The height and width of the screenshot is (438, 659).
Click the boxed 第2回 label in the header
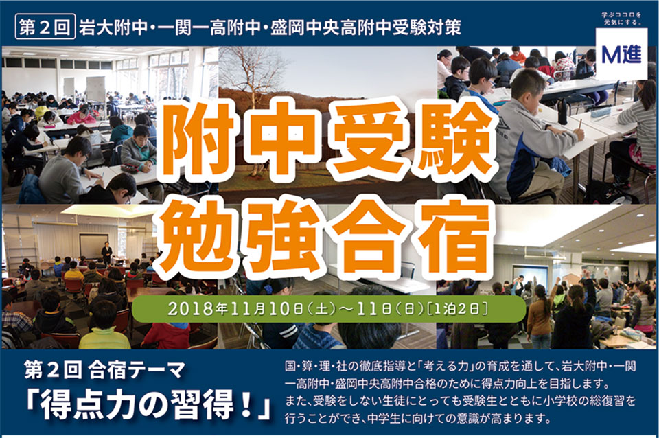45,27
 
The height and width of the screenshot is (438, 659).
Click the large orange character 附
196,138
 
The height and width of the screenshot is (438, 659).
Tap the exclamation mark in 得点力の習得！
248,405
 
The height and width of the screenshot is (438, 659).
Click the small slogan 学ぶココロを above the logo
622,16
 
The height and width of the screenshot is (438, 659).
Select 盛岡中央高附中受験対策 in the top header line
365,27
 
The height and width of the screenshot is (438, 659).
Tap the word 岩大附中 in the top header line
113,27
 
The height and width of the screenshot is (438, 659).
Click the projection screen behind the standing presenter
93,246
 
